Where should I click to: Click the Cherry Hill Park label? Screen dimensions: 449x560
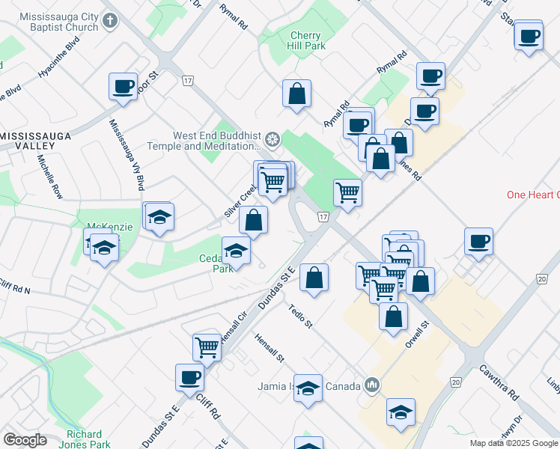[x=305, y=40]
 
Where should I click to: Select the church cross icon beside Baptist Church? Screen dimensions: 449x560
[x=110, y=21]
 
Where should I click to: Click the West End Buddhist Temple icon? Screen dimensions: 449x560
[x=273, y=140]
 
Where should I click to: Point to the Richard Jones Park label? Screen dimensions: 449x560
[x=83, y=439]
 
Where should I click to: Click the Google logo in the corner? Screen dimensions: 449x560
[x=25, y=440]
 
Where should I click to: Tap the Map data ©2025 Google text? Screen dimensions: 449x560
[x=514, y=443]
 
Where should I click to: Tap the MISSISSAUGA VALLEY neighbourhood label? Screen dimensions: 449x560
[x=36, y=141]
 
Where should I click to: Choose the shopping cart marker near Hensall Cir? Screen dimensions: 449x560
[x=207, y=346]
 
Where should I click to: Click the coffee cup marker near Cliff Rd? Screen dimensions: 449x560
[x=189, y=376]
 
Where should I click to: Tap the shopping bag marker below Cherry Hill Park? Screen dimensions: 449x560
[x=296, y=94]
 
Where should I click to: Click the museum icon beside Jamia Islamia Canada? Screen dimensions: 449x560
[x=372, y=386]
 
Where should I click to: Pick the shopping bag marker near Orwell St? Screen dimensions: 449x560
[x=393, y=316]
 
